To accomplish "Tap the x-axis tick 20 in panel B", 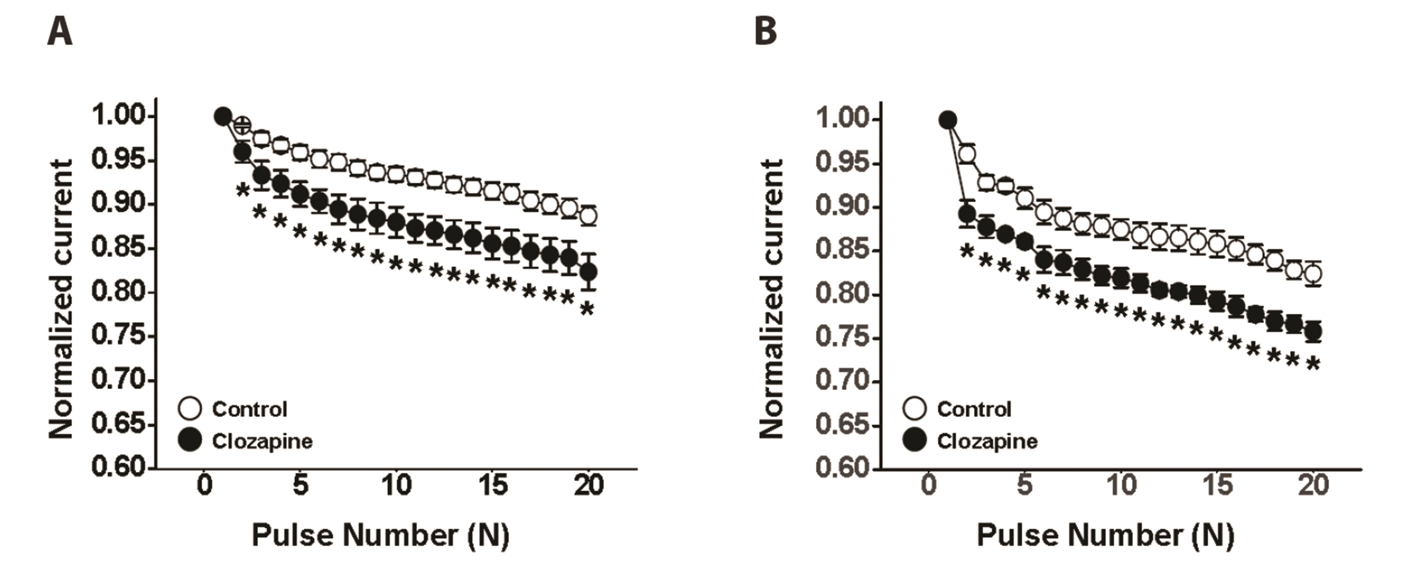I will pos(1313,485).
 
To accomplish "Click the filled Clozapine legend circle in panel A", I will pos(190,441).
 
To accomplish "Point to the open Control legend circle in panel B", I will pos(915,409).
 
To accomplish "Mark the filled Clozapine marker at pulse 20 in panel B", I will pos(1313,332).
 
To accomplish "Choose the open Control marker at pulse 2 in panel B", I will pos(967,155).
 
